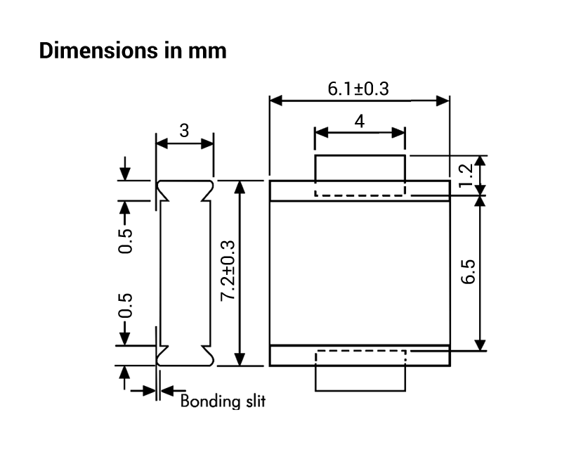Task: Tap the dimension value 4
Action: tap(360, 121)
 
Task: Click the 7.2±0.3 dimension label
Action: tap(227, 271)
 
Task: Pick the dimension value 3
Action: tap(184, 131)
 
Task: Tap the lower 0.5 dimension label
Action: tap(125, 307)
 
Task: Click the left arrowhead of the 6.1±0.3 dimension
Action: tap(276, 101)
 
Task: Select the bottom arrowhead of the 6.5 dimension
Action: tap(481, 344)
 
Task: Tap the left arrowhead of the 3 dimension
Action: tap(161, 143)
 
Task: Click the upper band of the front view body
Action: tap(360, 191)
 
